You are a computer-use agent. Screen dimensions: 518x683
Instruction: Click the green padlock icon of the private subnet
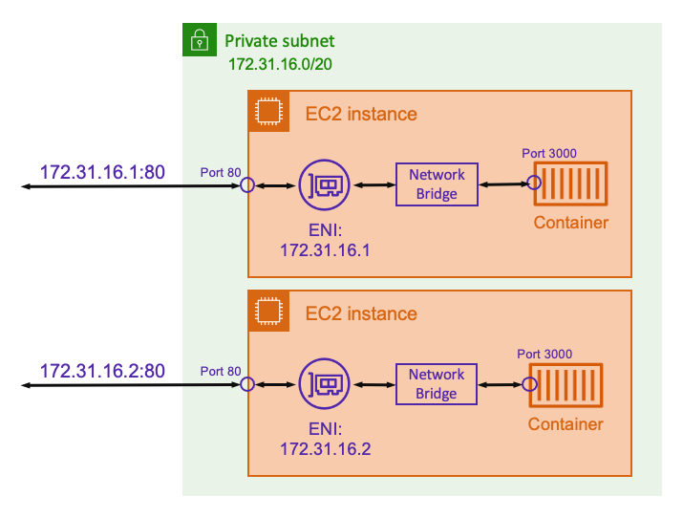(199, 40)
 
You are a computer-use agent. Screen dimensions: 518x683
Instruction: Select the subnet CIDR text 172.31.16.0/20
(280, 65)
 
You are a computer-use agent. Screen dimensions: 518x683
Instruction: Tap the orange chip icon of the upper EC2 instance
(268, 112)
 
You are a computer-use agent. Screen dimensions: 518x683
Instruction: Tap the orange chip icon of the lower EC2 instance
(268, 312)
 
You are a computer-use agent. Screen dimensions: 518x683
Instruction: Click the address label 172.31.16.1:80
(102, 173)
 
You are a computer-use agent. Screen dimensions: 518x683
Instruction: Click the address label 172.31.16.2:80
(102, 370)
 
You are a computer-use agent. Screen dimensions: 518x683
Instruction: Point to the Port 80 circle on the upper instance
(247, 184)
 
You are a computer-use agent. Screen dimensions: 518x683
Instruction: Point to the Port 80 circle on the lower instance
(247, 384)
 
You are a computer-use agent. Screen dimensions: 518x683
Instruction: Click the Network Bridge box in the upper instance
(437, 184)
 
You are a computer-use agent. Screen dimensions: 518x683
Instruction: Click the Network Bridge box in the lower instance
(437, 384)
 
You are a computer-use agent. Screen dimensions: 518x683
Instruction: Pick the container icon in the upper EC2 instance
(570, 184)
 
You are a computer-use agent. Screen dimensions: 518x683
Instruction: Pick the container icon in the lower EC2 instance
(566, 384)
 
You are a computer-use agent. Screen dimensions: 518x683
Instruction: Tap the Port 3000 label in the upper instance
(548, 153)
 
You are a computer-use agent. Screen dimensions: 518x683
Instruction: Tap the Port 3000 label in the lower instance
(544, 354)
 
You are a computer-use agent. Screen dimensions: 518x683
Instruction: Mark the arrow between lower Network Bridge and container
(499, 384)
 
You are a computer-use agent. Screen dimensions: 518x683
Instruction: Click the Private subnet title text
(279, 42)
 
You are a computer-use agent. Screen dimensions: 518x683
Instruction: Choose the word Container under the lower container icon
(566, 424)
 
